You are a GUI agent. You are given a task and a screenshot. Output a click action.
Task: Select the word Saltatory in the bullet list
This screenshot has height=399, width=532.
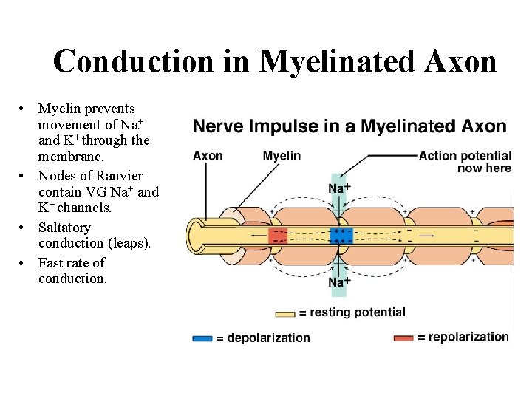[x=64, y=228]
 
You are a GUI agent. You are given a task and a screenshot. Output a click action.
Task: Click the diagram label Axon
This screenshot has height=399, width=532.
[x=208, y=155]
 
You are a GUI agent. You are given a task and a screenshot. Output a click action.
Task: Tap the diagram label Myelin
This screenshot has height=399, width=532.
[x=282, y=155]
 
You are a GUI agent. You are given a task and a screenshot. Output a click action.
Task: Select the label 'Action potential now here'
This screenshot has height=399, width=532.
[x=465, y=162]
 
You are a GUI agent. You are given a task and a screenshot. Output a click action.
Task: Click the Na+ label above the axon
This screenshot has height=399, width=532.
[x=339, y=188]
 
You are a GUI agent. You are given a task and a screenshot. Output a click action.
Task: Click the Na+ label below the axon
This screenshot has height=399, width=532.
[x=339, y=282]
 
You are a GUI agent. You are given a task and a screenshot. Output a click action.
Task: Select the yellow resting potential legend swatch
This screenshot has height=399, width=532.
[x=286, y=313]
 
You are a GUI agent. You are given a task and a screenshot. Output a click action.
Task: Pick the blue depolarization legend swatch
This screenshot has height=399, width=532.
[x=202, y=338]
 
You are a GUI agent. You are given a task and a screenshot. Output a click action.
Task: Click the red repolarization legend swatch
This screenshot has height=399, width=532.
[x=403, y=338]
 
